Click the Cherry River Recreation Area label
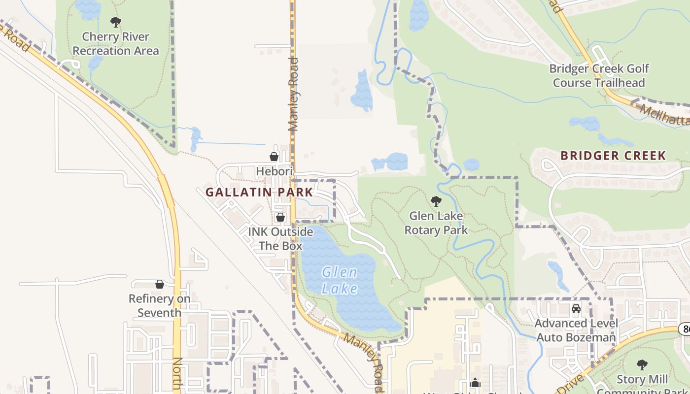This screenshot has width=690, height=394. tap(116, 44)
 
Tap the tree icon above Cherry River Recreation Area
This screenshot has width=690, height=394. tap(116, 22)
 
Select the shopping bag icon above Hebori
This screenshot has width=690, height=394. tap(274, 157)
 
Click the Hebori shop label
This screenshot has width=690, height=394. tap(274, 171)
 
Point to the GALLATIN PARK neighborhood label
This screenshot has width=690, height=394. tap(259, 192)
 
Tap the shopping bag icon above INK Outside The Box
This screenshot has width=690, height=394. tap(280, 217)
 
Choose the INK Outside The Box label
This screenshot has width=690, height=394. tap(280, 238)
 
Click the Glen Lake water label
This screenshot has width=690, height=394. tap(340, 280)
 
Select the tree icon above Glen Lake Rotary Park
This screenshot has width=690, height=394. tap(436, 201)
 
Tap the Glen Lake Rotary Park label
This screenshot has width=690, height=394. tap(436, 223)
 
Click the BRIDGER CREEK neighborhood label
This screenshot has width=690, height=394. tap(613, 156)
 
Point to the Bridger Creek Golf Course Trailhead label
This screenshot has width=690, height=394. tap(599, 75)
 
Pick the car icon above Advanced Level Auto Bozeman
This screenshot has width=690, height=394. tap(576, 309)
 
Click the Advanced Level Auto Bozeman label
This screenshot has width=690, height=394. tap(576, 330)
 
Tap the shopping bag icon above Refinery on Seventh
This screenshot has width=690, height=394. tap(159, 284)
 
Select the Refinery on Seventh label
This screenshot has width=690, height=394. tap(159, 305)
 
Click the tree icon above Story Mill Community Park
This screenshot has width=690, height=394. tap(642, 365)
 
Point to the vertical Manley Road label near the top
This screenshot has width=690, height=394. tap(294, 94)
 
